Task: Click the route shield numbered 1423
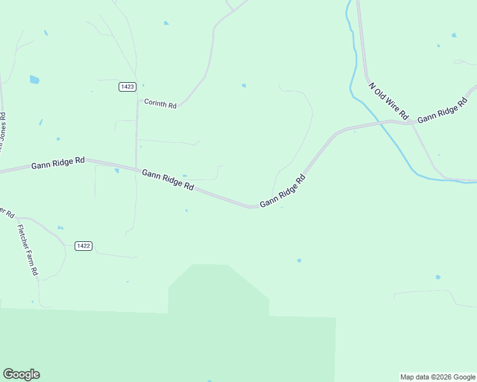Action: coord(126,87)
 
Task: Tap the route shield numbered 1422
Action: coord(84,246)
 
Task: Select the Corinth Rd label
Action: coord(160,103)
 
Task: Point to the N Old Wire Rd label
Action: coord(388,100)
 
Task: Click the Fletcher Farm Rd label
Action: coord(27,250)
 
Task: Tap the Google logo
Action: coord(21,374)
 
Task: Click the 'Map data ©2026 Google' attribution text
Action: coord(438,377)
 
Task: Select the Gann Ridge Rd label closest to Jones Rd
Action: coord(58,164)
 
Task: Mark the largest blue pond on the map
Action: coord(34,80)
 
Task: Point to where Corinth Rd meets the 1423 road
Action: coord(137,100)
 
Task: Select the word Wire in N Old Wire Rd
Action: coord(392,104)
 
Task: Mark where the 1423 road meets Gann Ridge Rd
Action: coord(136,168)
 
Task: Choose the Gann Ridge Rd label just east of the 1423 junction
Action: coord(168,180)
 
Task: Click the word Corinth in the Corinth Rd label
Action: coord(156,103)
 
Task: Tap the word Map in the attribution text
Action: coord(407,377)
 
